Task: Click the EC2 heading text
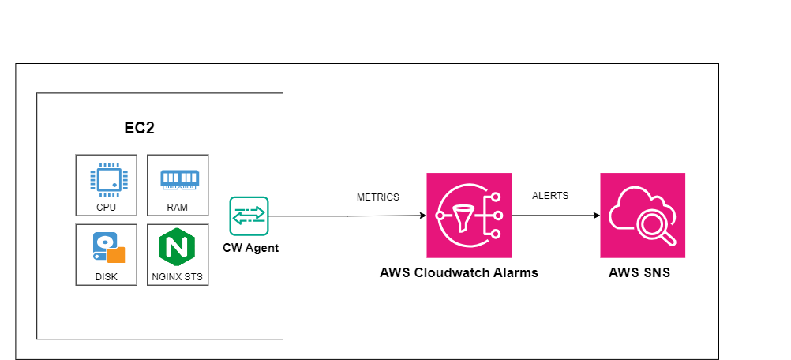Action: point(139,129)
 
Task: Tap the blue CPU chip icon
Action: point(106,178)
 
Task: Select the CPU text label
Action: point(106,208)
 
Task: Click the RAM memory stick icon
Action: point(178,179)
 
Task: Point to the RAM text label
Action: point(178,208)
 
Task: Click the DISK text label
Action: point(106,278)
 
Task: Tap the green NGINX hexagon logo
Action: point(178,248)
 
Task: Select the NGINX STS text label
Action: point(178,278)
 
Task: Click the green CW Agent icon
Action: point(249,216)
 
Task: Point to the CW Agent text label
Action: point(250,248)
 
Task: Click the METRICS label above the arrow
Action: point(378,197)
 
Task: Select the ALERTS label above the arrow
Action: point(550,196)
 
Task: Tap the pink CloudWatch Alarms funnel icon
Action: point(470,216)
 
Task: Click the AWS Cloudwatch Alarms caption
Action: point(459,273)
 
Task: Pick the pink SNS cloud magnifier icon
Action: point(643,216)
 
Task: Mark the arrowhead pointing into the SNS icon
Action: point(595,216)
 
